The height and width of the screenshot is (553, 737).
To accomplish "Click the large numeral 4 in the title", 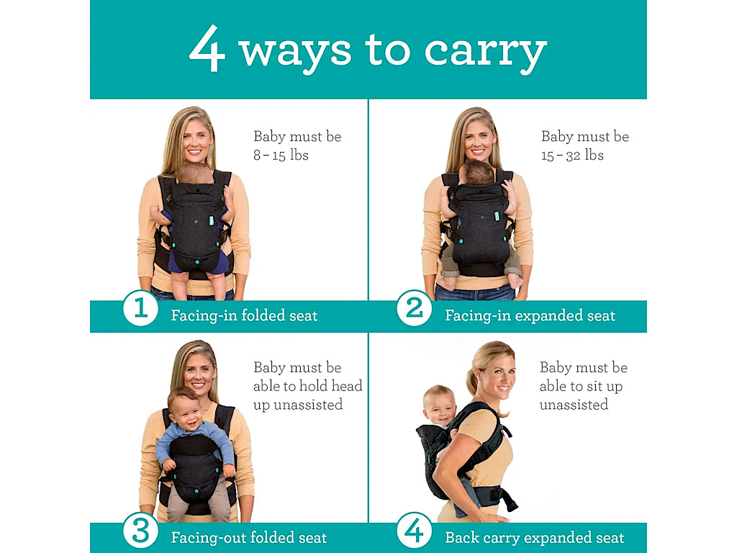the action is pos(207,48).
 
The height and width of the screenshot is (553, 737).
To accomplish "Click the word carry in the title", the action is pos(486,53).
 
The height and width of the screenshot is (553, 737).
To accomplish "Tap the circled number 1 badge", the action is pos(140,308).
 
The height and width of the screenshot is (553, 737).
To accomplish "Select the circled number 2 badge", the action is pos(414,308).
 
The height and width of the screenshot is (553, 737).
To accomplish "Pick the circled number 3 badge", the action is pos(140,531).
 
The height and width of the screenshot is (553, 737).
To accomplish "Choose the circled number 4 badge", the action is pos(414,531).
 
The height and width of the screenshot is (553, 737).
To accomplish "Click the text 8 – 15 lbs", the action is pos(281,156).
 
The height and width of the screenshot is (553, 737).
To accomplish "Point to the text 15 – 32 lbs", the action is pos(572,156).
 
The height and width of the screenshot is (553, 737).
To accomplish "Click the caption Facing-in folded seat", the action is pos(245,315).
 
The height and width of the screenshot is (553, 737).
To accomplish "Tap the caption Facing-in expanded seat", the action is pos(530,315).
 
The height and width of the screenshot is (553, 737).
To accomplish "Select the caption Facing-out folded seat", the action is pos(249,537).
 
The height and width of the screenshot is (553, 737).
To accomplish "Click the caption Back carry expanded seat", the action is pos(535,537).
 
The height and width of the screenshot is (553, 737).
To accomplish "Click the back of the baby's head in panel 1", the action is pos(195,174).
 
